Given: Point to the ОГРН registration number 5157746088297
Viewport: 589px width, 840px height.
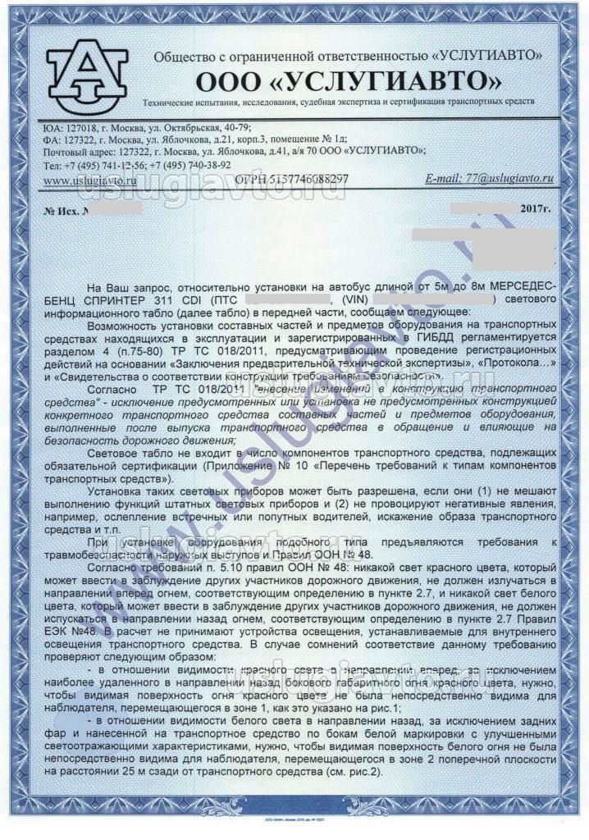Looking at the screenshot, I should coord(291,178).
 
